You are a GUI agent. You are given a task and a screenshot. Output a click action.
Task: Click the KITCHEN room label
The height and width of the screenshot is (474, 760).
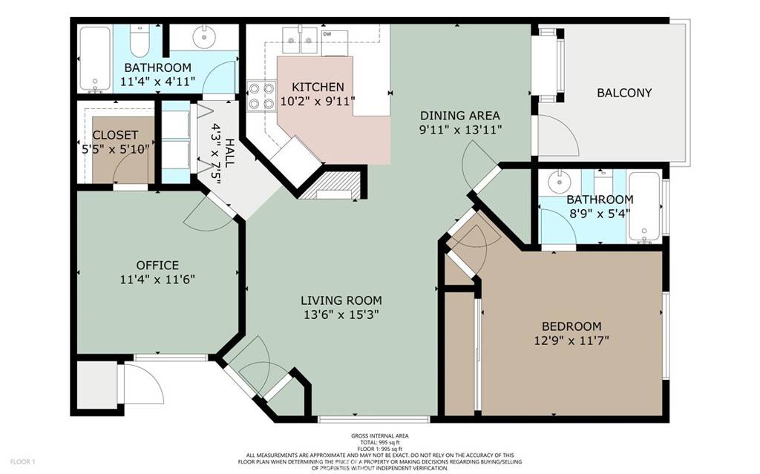click(318, 87)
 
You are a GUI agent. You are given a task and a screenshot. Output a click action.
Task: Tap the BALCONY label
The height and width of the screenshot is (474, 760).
click(624, 93)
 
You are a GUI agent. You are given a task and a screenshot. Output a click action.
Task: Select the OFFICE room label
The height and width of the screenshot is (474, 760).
click(157, 265)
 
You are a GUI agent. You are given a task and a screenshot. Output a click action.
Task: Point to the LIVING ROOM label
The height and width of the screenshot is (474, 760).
click(341, 300)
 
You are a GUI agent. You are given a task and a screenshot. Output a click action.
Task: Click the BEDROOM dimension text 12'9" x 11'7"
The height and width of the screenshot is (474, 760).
click(571, 341)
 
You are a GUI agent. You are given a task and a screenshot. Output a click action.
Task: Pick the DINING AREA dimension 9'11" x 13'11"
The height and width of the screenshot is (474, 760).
click(459, 131)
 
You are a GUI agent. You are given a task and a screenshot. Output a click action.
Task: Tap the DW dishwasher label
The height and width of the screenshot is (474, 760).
click(327, 33)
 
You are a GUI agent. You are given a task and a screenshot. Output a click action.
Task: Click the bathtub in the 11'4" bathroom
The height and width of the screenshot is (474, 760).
click(94, 59)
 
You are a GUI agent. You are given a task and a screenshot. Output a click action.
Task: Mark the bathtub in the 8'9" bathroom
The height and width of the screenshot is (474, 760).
click(644, 207)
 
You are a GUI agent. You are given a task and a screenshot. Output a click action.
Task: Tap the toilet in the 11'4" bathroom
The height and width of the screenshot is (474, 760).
click(139, 36)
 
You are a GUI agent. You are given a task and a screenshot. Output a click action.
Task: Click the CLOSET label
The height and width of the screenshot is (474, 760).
click(115, 135)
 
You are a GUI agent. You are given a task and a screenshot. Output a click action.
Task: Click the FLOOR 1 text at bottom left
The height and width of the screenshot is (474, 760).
click(23, 462)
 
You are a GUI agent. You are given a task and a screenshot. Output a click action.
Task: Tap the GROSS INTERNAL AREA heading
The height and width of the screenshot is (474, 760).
click(379, 436)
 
